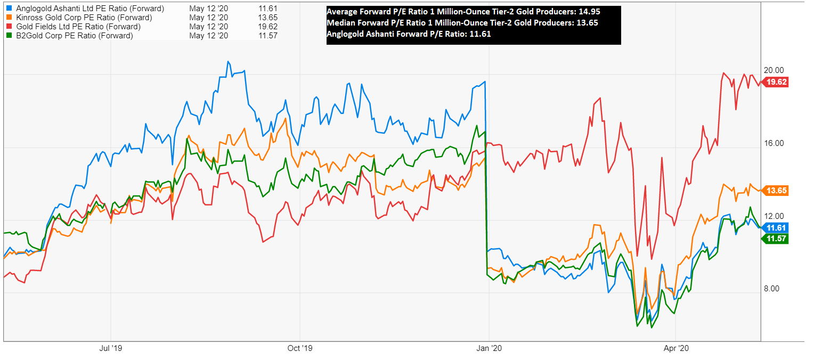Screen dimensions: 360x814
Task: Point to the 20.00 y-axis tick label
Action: point(775,70)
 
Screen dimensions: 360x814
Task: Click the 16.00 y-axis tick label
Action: point(775,143)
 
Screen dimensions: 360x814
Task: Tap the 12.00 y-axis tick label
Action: point(775,216)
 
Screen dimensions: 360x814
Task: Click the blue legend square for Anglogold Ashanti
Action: point(10,9)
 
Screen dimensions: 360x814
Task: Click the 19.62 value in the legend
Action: point(267,27)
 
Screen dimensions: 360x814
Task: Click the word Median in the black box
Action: point(339,23)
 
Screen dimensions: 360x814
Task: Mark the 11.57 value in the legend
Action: point(267,36)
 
